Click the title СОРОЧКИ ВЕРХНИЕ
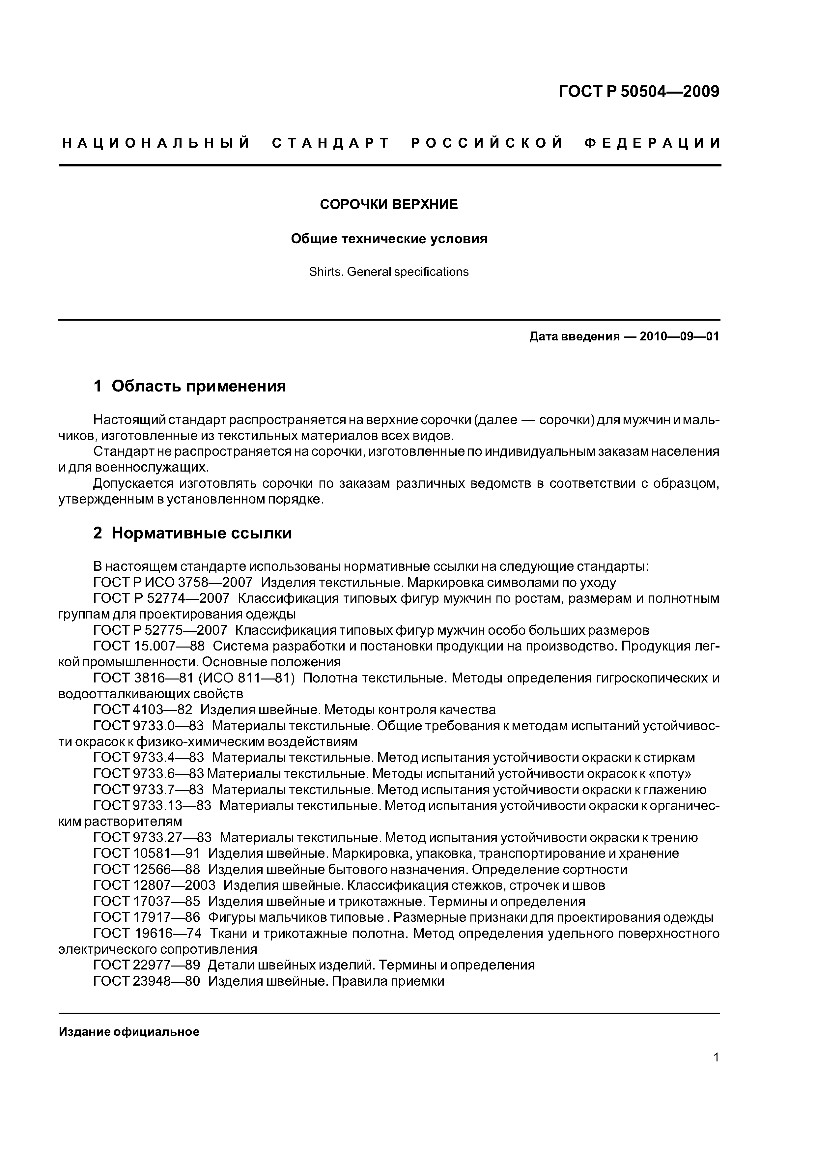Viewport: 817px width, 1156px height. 389,204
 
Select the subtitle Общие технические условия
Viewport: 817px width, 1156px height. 389,239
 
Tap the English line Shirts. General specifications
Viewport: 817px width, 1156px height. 389,272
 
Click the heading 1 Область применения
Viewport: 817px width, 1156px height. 190,386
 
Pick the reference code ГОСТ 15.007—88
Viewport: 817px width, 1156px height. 149,646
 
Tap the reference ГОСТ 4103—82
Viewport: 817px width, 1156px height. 143,710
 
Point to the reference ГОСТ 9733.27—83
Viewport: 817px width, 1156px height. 153,837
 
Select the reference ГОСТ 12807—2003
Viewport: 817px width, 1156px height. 155,885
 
